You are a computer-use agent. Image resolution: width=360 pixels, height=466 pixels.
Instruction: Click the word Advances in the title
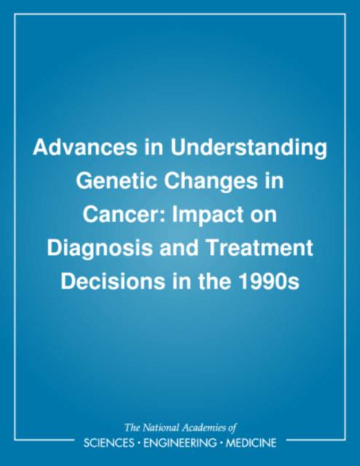click(85, 147)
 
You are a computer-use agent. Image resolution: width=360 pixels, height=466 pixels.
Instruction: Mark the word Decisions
click(112, 282)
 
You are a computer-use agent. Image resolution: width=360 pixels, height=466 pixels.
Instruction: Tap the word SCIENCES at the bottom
click(109, 443)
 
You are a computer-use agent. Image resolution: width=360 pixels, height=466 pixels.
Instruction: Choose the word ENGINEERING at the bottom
click(180, 443)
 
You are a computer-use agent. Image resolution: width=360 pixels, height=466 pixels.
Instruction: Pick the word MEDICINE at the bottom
click(251, 443)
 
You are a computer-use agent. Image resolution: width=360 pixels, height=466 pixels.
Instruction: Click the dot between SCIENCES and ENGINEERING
click(138, 443)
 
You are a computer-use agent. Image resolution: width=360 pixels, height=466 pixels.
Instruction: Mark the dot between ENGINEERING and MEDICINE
click(221, 443)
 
